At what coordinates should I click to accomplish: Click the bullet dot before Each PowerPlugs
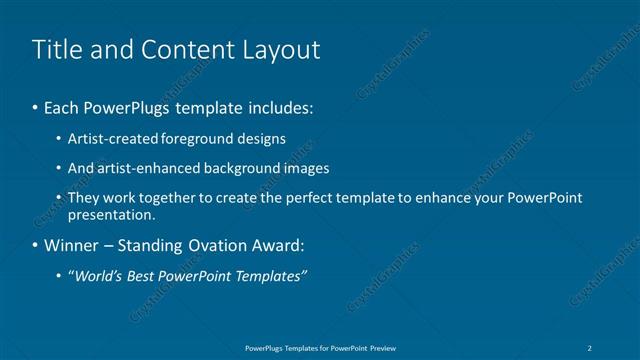pyautogui.click(x=37, y=107)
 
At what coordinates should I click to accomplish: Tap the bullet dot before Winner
pyautogui.click(x=37, y=245)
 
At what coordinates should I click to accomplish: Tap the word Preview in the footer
pyautogui.click(x=379, y=347)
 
